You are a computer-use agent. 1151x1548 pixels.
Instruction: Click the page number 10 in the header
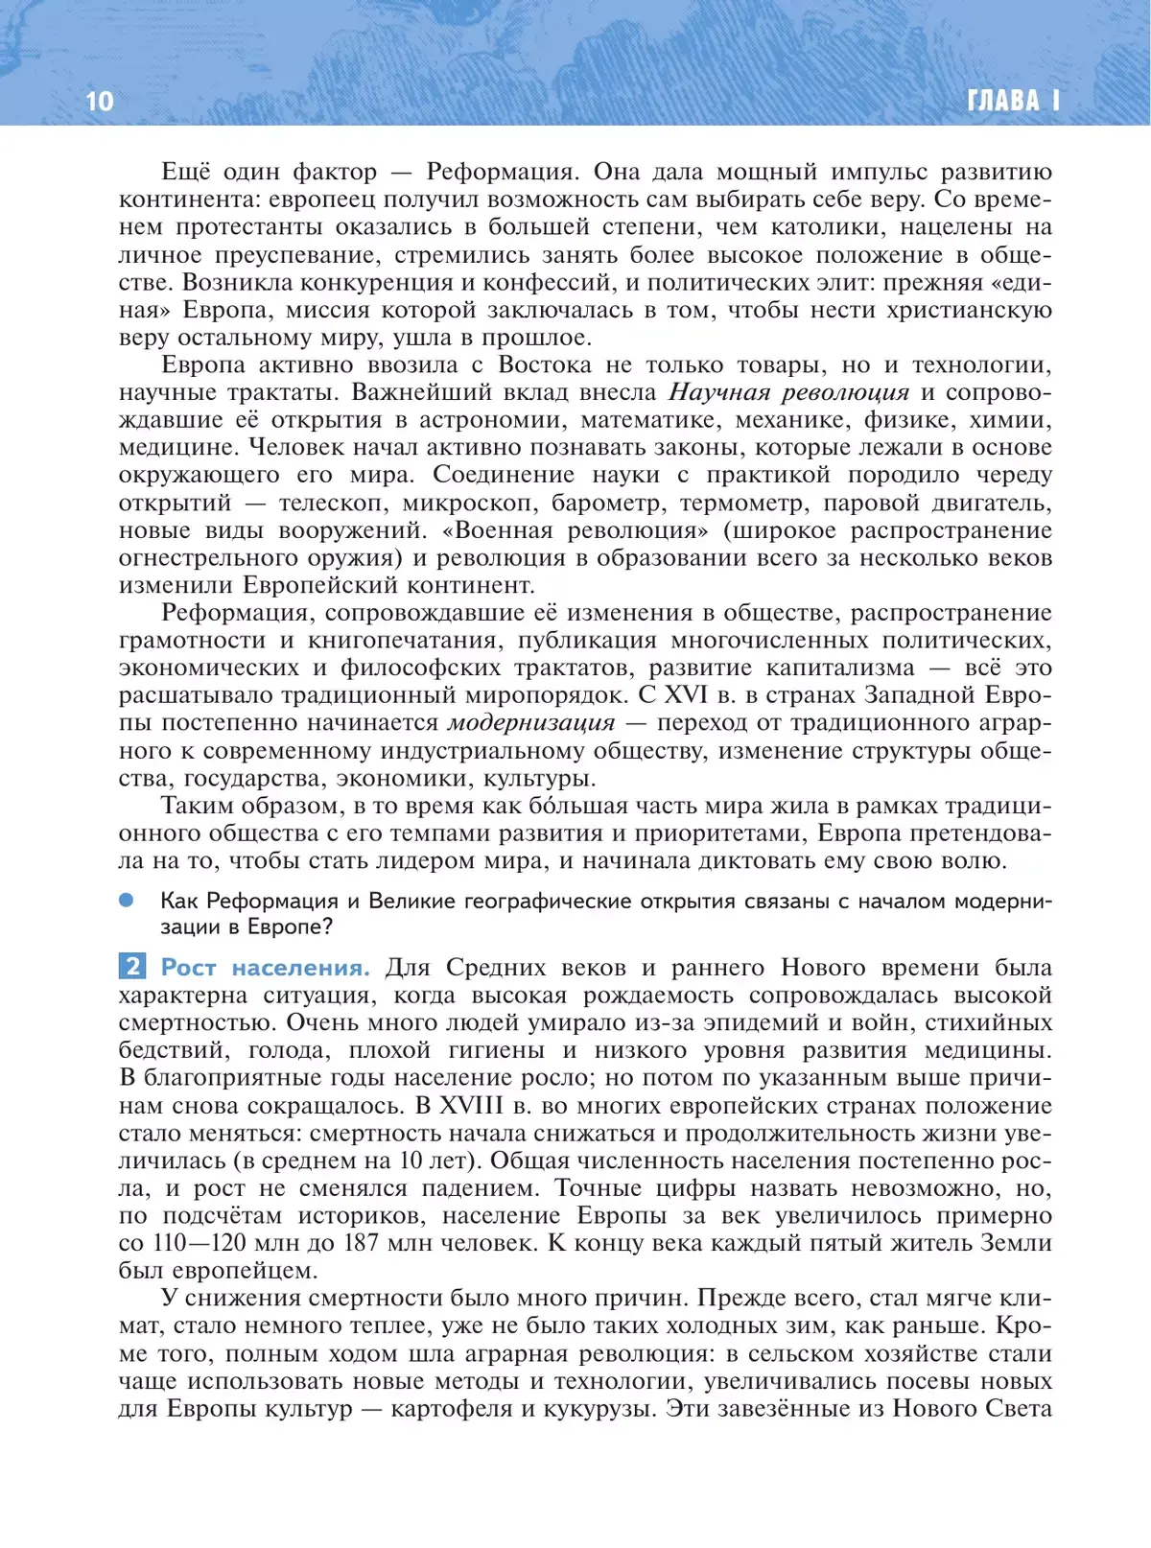100,101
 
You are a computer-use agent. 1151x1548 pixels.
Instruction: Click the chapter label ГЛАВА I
1013,101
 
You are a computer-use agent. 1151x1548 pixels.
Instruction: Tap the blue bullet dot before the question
127,900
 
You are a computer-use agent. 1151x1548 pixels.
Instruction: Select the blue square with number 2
131,966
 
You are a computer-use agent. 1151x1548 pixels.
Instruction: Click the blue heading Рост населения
265,967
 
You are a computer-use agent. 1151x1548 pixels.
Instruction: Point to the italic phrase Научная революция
788,392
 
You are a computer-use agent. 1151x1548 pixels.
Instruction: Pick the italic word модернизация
531,722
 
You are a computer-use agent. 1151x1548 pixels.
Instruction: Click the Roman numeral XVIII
471,1105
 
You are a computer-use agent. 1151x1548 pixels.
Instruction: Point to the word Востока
544,364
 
